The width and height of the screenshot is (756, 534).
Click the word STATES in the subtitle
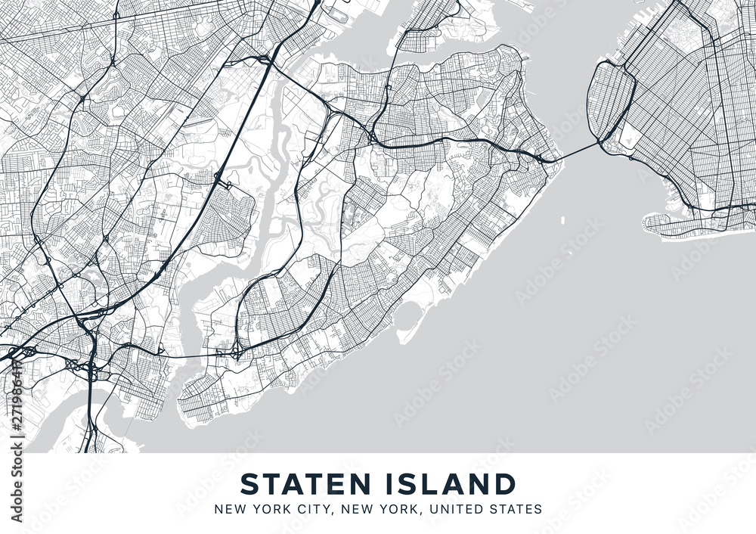[x=516, y=509]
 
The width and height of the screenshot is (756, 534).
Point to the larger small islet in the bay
[x=563, y=221]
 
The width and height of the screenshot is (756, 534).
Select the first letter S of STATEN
[x=247, y=483]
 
